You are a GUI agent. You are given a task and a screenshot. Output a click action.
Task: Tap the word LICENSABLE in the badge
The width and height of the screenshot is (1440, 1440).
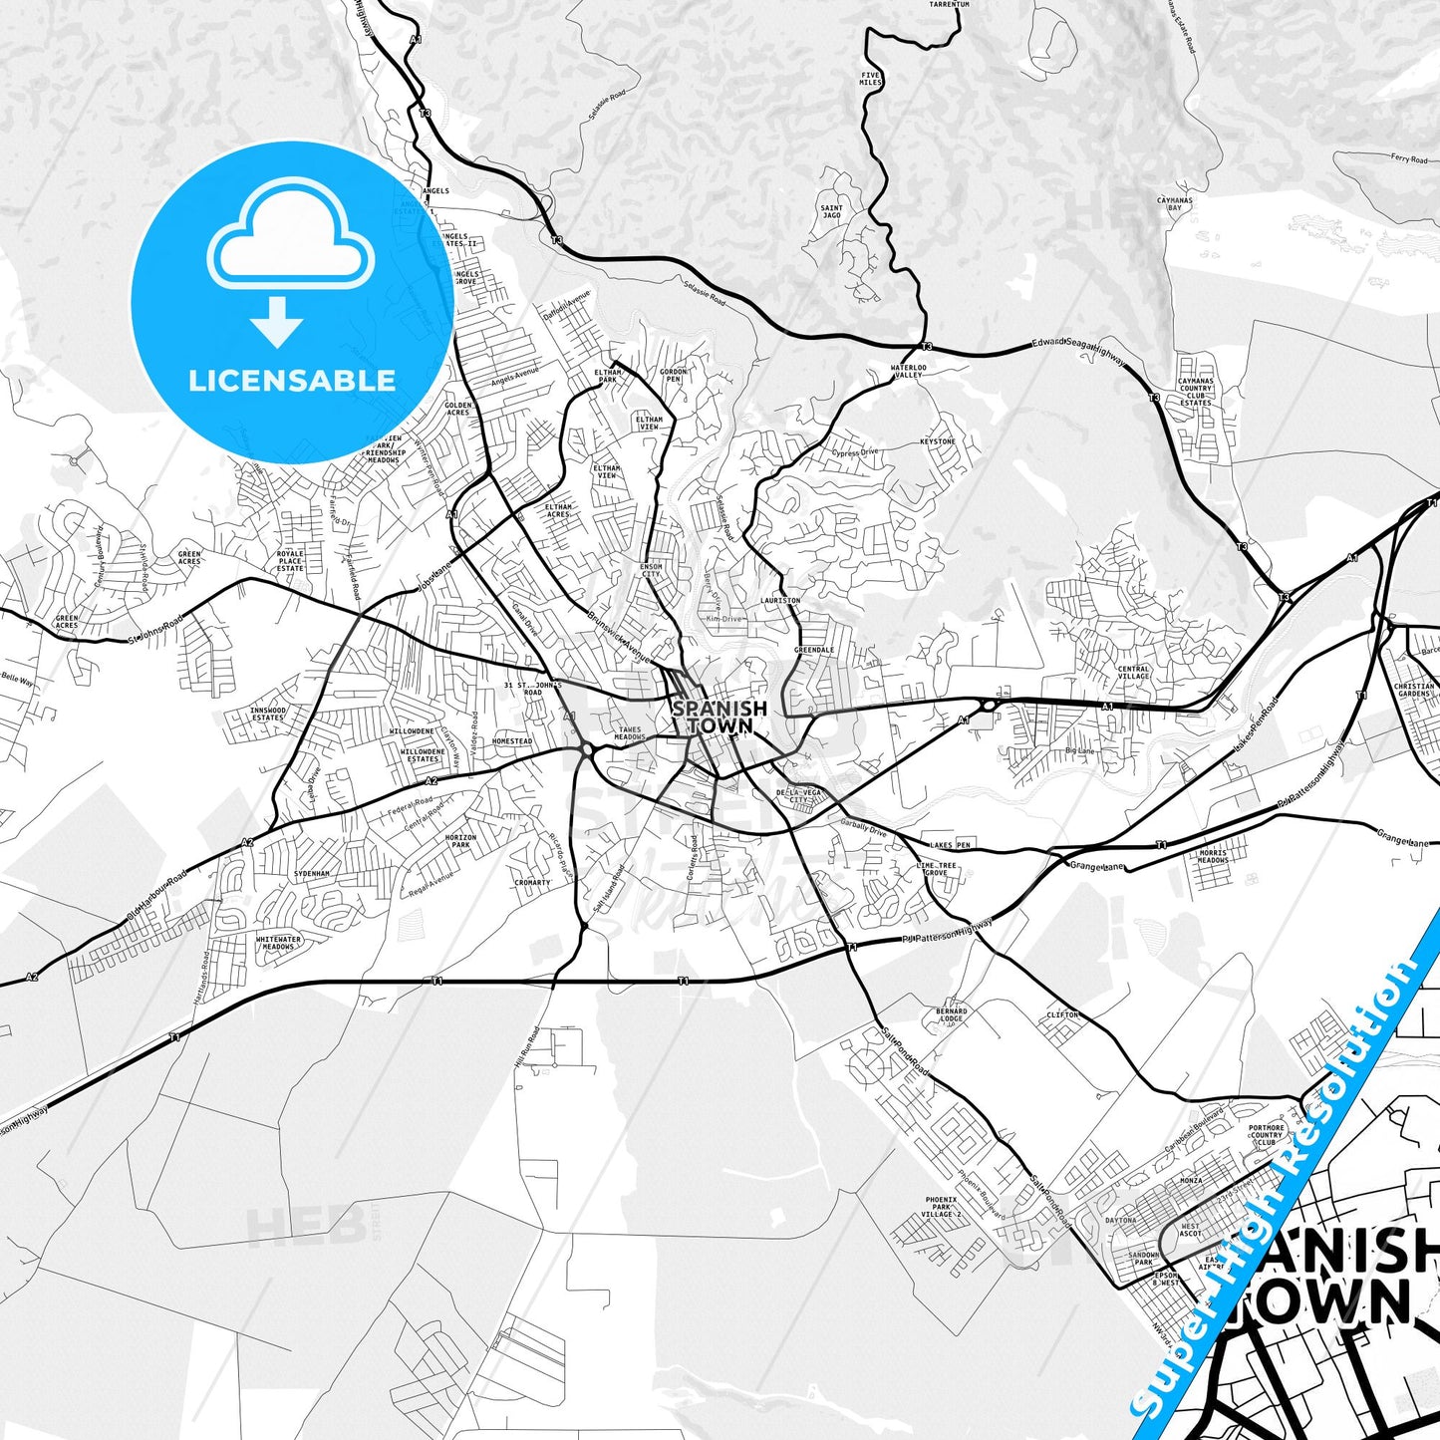[292, 381]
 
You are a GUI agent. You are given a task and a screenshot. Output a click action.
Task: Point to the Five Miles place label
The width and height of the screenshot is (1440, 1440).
[871, 79]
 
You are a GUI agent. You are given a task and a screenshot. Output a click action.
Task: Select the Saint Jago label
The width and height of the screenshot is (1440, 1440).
[831, 212]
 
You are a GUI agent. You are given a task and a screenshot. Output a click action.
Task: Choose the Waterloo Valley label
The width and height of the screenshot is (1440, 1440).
[908, 371]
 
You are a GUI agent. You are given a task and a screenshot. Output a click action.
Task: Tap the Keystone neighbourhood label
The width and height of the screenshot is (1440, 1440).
[937, 441]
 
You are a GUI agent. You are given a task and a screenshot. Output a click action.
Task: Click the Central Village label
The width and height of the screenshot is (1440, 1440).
[1133, 673]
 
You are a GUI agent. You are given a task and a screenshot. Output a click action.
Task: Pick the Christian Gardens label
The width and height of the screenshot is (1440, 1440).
[1414, 690]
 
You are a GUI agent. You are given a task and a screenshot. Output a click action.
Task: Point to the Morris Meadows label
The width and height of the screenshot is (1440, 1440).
[1213, 856]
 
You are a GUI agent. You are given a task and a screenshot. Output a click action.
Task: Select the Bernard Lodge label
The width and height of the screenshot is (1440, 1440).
[951, 1014]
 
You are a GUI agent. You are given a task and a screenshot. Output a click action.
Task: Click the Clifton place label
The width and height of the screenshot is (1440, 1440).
[1062, 1014]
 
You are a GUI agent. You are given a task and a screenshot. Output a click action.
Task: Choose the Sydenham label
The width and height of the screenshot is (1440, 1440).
[311, 873]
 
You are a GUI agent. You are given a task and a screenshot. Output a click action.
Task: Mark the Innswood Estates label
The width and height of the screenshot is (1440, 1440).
[268, 714]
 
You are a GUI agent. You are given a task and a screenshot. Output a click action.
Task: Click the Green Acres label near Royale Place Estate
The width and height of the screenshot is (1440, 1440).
[189, 557]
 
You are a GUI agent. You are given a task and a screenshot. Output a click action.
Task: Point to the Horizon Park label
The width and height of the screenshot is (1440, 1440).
[458, 841]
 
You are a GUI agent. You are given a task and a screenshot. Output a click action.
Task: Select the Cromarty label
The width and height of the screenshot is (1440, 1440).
[532, 882]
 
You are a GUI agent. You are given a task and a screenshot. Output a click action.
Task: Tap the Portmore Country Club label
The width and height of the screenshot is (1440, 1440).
[1267, 1135]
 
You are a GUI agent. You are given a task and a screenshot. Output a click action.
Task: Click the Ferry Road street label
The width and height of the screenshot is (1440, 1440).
[1409, 158]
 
